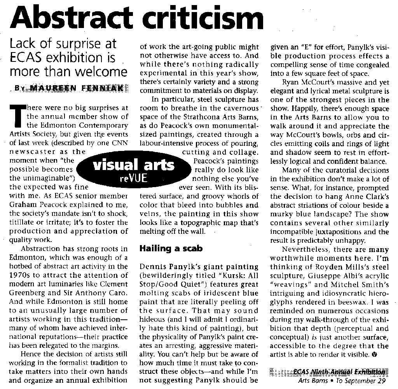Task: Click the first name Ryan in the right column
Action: point(290,82)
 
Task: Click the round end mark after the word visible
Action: point(374,354)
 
